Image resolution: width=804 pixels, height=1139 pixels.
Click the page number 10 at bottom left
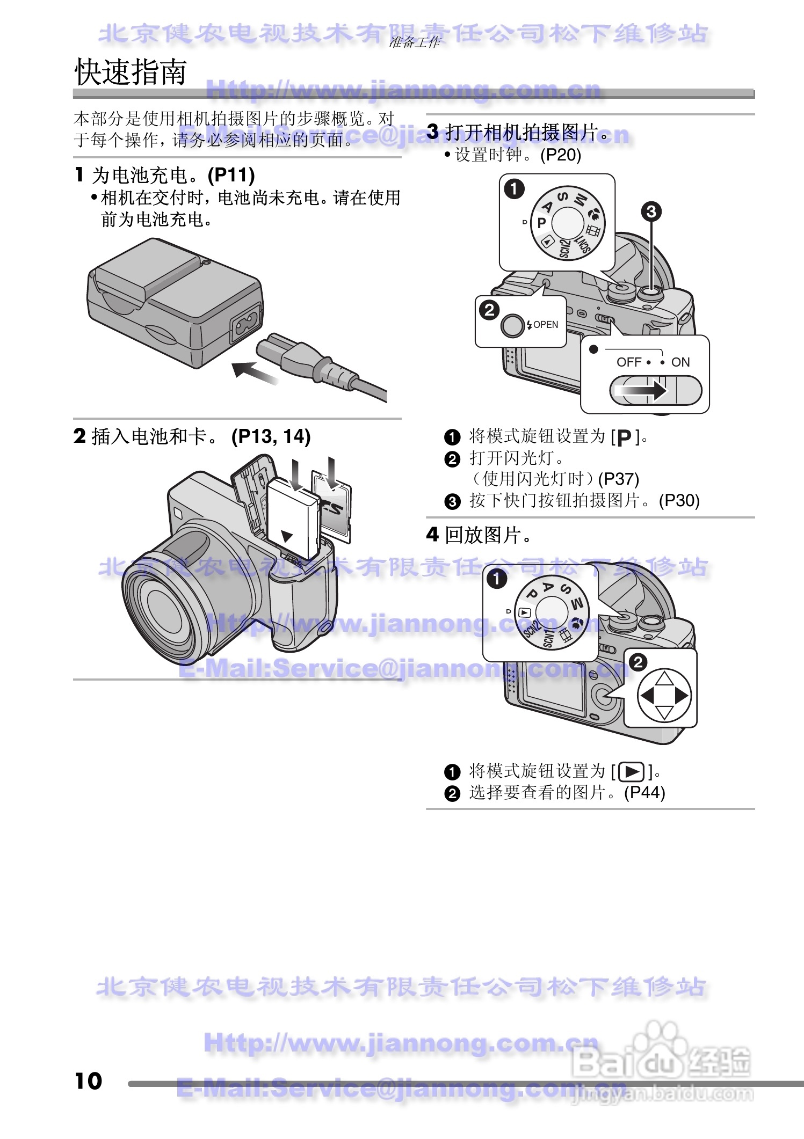tap(89, 1080)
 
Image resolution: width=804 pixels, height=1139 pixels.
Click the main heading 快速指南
tap(131, 72)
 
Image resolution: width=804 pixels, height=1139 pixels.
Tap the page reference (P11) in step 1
tap(231, 175)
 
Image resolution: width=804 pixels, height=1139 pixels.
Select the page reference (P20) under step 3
tap(561, 155)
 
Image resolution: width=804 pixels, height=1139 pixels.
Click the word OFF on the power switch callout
tap(628, 362)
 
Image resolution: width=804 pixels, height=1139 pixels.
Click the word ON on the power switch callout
tap(680, 362)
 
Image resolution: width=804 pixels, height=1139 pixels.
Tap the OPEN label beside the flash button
tap(545, 325)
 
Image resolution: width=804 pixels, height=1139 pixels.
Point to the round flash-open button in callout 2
tap(512, 325)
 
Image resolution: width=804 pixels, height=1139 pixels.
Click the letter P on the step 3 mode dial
tap(541, 222)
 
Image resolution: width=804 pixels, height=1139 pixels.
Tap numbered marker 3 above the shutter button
tap(651, 211)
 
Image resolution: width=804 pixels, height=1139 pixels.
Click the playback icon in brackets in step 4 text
tap(632, 772)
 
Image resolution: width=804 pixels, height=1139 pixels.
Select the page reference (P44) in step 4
tap(644, 793)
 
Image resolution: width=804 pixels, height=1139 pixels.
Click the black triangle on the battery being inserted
tap(288, 536)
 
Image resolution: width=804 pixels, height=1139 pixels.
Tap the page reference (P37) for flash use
tap(618, 479)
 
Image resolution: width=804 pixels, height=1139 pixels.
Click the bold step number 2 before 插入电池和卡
tap(79, 436)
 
